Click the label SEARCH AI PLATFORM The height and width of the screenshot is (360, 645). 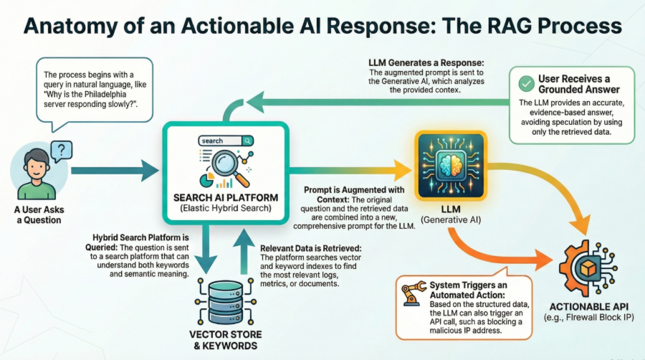click(225, 197)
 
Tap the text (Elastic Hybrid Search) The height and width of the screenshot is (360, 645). click(225, 209)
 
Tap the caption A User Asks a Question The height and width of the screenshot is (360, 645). click(37, 214)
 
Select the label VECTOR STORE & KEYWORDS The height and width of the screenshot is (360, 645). click(225, 341)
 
